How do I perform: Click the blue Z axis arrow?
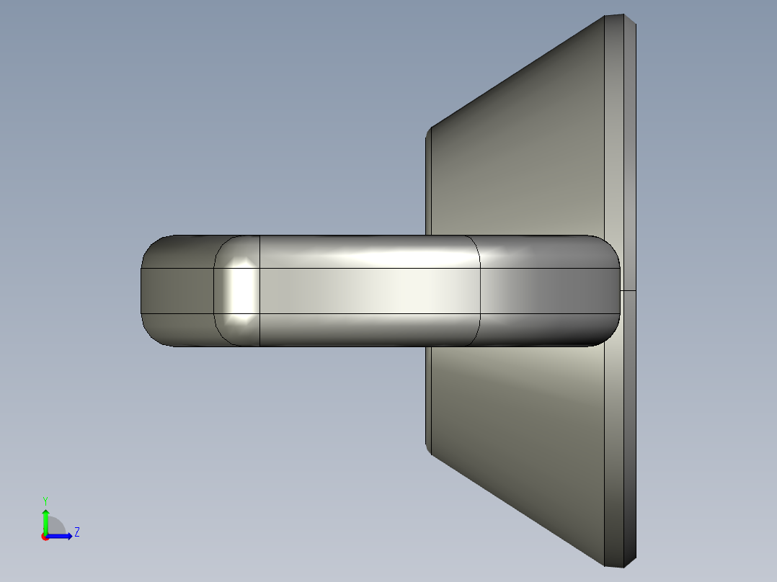tap(62, 535)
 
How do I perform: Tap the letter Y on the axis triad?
tap(45, 501)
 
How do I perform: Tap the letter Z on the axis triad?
tap(76, 532)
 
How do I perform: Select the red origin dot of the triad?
tap(45, 537)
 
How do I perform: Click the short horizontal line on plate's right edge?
tap(628, 291)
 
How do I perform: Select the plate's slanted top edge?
tap(515, 72)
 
